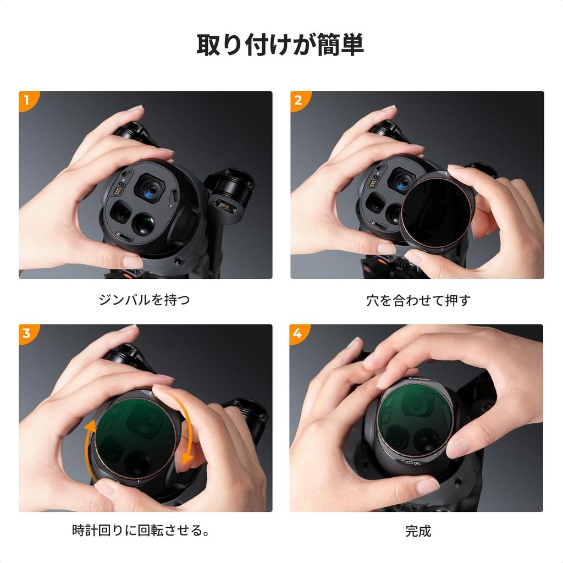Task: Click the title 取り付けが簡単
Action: (280, 45)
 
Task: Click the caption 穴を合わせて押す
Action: (418, 301)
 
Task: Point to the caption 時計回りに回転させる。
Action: (142, 532)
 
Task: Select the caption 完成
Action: (418, 532)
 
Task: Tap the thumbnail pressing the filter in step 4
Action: (457, 448)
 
